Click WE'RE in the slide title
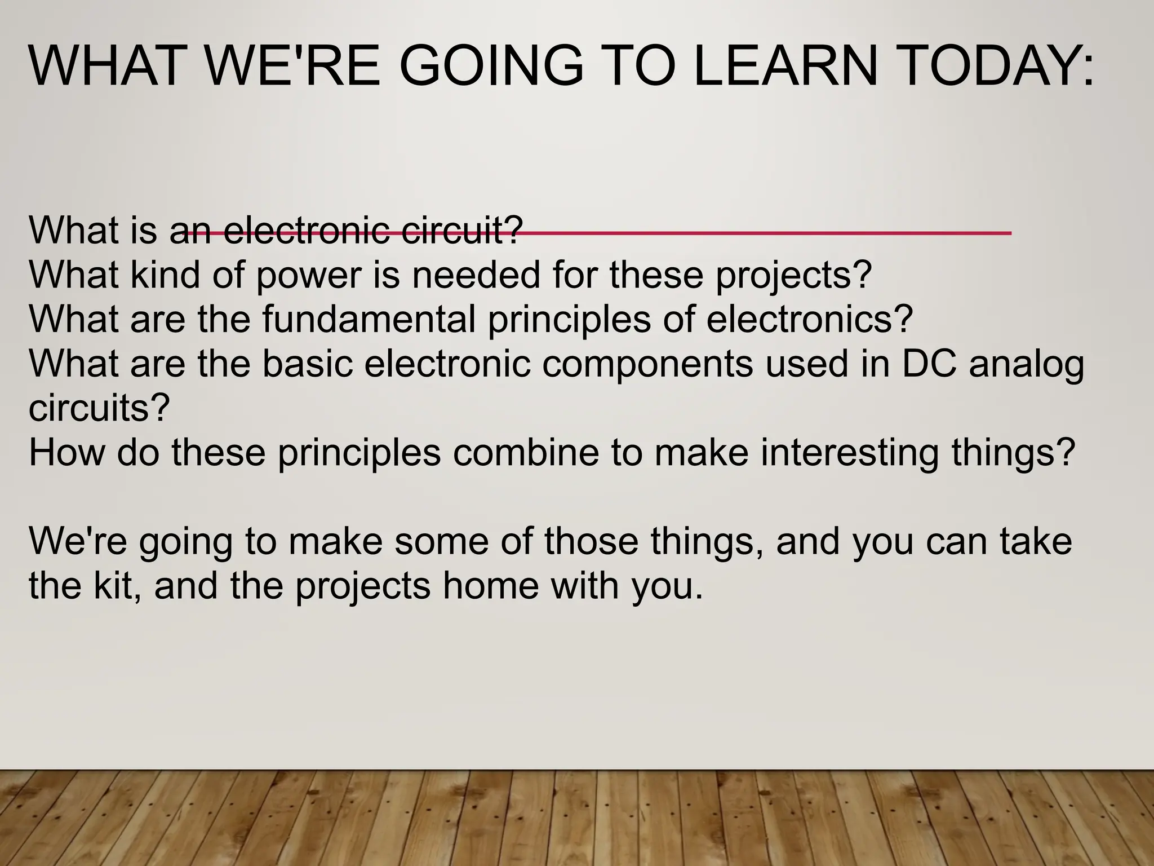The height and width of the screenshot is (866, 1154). (x=293, y=67)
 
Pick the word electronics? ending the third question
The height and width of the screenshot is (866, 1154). (x=809, y=319)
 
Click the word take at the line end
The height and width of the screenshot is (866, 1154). (x=1036, y=541)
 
